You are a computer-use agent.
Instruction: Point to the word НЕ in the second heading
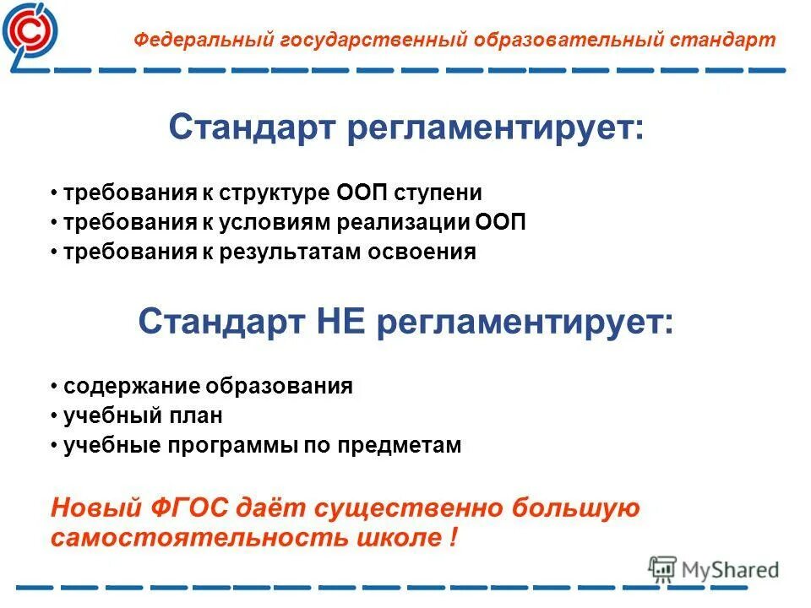coord(346,322)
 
